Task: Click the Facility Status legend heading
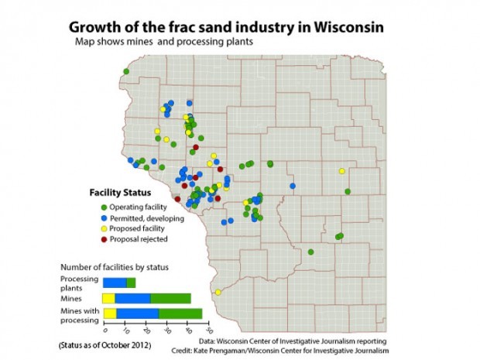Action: (118, 191)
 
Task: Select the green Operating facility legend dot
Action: (104, 207)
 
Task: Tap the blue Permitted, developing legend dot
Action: (104, 218)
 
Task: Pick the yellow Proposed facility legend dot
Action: (104, 228)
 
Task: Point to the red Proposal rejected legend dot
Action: (104, 239)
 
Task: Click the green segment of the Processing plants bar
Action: (131, 282)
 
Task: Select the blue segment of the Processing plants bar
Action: (115, 282)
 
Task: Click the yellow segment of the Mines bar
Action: (108, 298)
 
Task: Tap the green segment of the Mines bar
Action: (170, 298)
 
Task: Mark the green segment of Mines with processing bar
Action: (180, 313)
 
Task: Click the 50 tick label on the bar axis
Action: (209, 331)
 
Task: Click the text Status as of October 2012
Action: (104, 343)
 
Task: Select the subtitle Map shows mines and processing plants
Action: (165, 42)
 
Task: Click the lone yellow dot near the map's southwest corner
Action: (218, 292)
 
